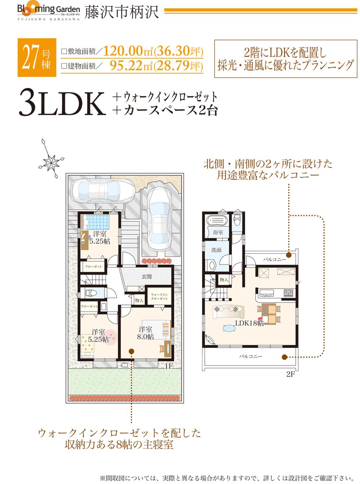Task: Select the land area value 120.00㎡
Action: (126, 51)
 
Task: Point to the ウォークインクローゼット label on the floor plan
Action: (159, 297)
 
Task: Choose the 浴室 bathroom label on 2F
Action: (217, 232)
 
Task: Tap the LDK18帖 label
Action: (249, 323)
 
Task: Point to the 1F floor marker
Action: (169, 366)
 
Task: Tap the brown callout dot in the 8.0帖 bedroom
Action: (131, 350)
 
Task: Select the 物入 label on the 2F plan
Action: (223, 279)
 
